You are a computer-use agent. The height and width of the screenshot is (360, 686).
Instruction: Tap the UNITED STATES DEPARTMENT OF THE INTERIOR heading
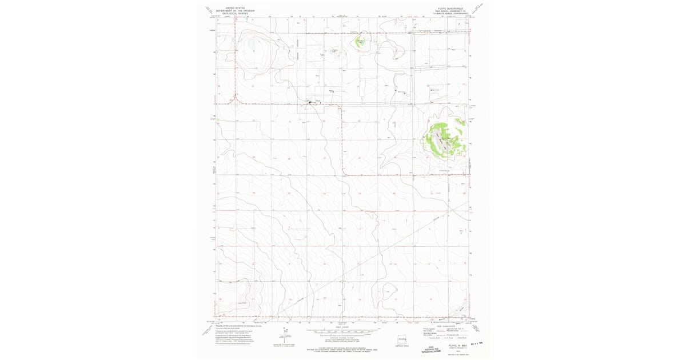[239, 10]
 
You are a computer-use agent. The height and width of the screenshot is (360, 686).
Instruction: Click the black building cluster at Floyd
[313, 103]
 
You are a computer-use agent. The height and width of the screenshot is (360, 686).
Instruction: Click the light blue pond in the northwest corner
[250, 43]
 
